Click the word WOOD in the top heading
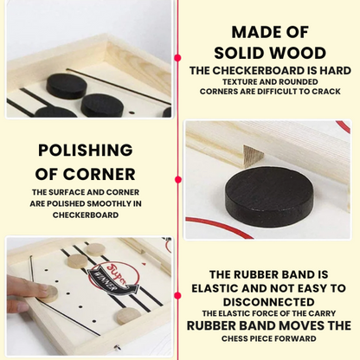[296, 53]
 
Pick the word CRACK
[326, 92]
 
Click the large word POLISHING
[86, 150]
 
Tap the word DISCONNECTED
[268, 302]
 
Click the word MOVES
[301, 325]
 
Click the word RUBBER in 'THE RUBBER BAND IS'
[252, 274]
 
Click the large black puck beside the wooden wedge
[269, 192]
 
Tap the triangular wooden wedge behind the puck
[253, 157]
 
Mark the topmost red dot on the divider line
[178, 58]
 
